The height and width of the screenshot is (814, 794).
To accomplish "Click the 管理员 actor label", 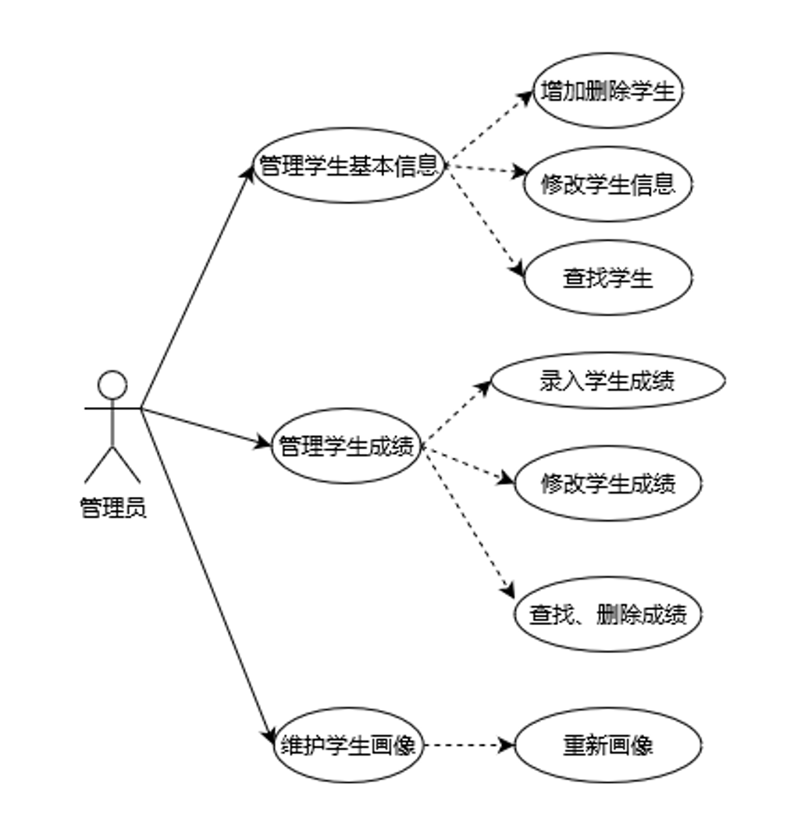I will [x=113, y=509].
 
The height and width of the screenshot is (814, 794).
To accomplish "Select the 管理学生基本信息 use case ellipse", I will [x=349, y=166].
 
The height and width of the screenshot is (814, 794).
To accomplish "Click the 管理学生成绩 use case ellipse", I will [x=346, y=447].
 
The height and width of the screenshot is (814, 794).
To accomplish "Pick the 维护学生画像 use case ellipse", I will [x=348, y=745].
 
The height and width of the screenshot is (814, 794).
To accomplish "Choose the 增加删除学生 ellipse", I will [x=607, y=91].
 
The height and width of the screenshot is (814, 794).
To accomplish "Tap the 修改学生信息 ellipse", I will [x=607, y=184].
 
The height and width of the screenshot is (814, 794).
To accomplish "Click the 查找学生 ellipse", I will [x=607, y=278].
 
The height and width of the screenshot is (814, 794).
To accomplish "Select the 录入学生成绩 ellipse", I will [x=607, y=380].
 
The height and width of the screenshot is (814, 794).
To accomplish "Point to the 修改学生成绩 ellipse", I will [x=607, y=484].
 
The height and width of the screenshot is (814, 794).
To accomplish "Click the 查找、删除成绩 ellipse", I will [x=607, y=615].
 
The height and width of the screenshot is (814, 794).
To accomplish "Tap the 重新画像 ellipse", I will [x=607, y=745].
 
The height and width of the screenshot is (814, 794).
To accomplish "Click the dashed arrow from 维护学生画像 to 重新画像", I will [x=468, y=745].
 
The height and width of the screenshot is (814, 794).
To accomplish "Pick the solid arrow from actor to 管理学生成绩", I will [x=205, y=427].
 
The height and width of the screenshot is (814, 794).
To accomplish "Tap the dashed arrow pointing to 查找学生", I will [x=484, y=220].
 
